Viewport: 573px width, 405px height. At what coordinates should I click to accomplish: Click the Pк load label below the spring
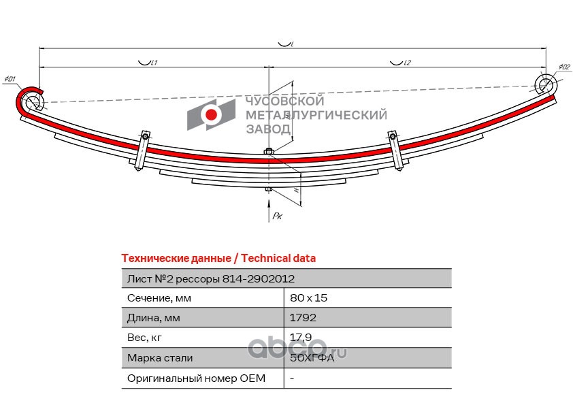pyautogui.click(x=277, y=216)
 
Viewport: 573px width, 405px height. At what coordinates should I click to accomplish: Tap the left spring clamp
pyautogui.click(x=142, y=152)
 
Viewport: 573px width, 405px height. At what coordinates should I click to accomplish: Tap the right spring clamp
pyautogui.click(x=394, y=150)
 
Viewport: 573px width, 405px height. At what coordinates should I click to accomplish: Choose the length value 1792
pyautogui.click(x=303, y=318)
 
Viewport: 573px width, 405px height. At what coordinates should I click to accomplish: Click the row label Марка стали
pyautogui.click(x=160, y=357)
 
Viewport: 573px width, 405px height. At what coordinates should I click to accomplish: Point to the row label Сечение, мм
pyautogui.click(x=159, y=298)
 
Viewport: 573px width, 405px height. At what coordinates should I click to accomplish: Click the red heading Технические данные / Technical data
pyautogui.click(x=218, y=259)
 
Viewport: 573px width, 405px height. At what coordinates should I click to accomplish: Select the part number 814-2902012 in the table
pyautogui.click(x=259, y=278)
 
